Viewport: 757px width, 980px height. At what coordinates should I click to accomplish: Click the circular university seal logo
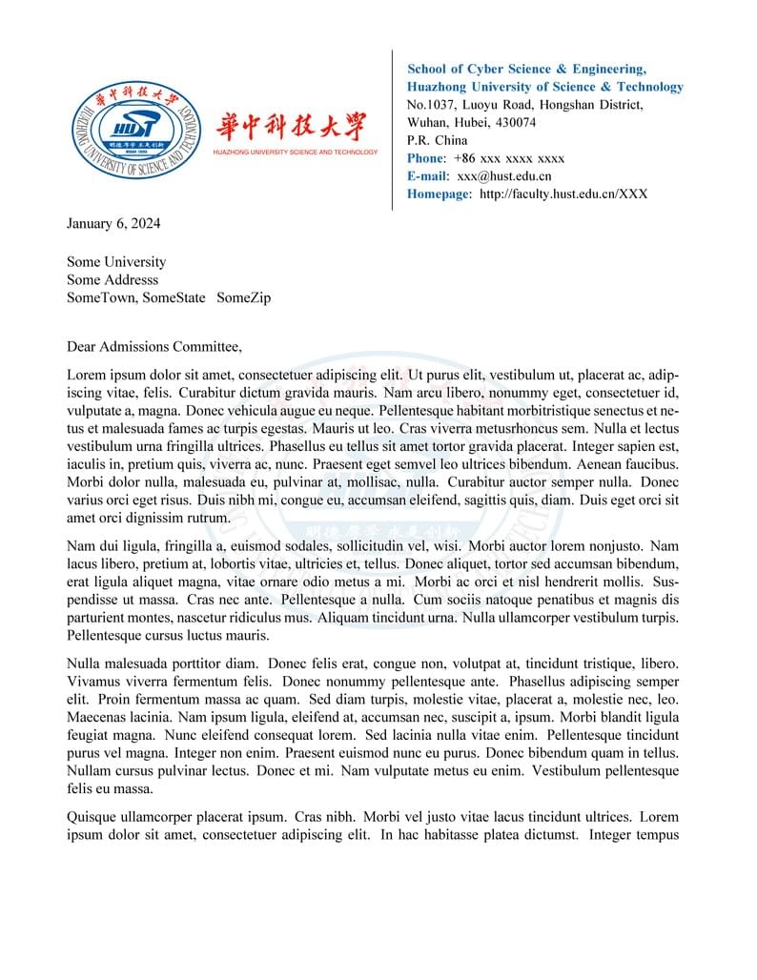tap(134, 130)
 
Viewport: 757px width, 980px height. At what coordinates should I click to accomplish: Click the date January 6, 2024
tap(113, 224)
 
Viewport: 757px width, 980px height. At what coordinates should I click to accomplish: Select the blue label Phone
tap(425, 158)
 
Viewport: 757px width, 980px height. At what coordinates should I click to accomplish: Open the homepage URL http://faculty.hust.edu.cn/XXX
tap(563, 194)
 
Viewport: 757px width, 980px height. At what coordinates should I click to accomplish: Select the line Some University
tap(116, 262)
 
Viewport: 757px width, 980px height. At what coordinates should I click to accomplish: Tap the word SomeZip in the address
tap(244, 298)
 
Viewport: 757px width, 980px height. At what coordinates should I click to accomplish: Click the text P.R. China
tap(438, 140)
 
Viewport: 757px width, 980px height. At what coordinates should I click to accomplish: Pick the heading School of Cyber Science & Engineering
tap(526, 69)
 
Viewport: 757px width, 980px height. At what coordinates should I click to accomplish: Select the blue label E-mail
tap(426, 176)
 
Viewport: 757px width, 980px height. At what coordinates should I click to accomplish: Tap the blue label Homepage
tap(439, 194)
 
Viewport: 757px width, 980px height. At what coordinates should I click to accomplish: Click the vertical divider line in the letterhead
tap(393, 130)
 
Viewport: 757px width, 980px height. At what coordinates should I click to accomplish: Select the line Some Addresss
tap(113, 280)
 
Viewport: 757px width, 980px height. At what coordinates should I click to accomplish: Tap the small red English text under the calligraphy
tap(295, 153)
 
